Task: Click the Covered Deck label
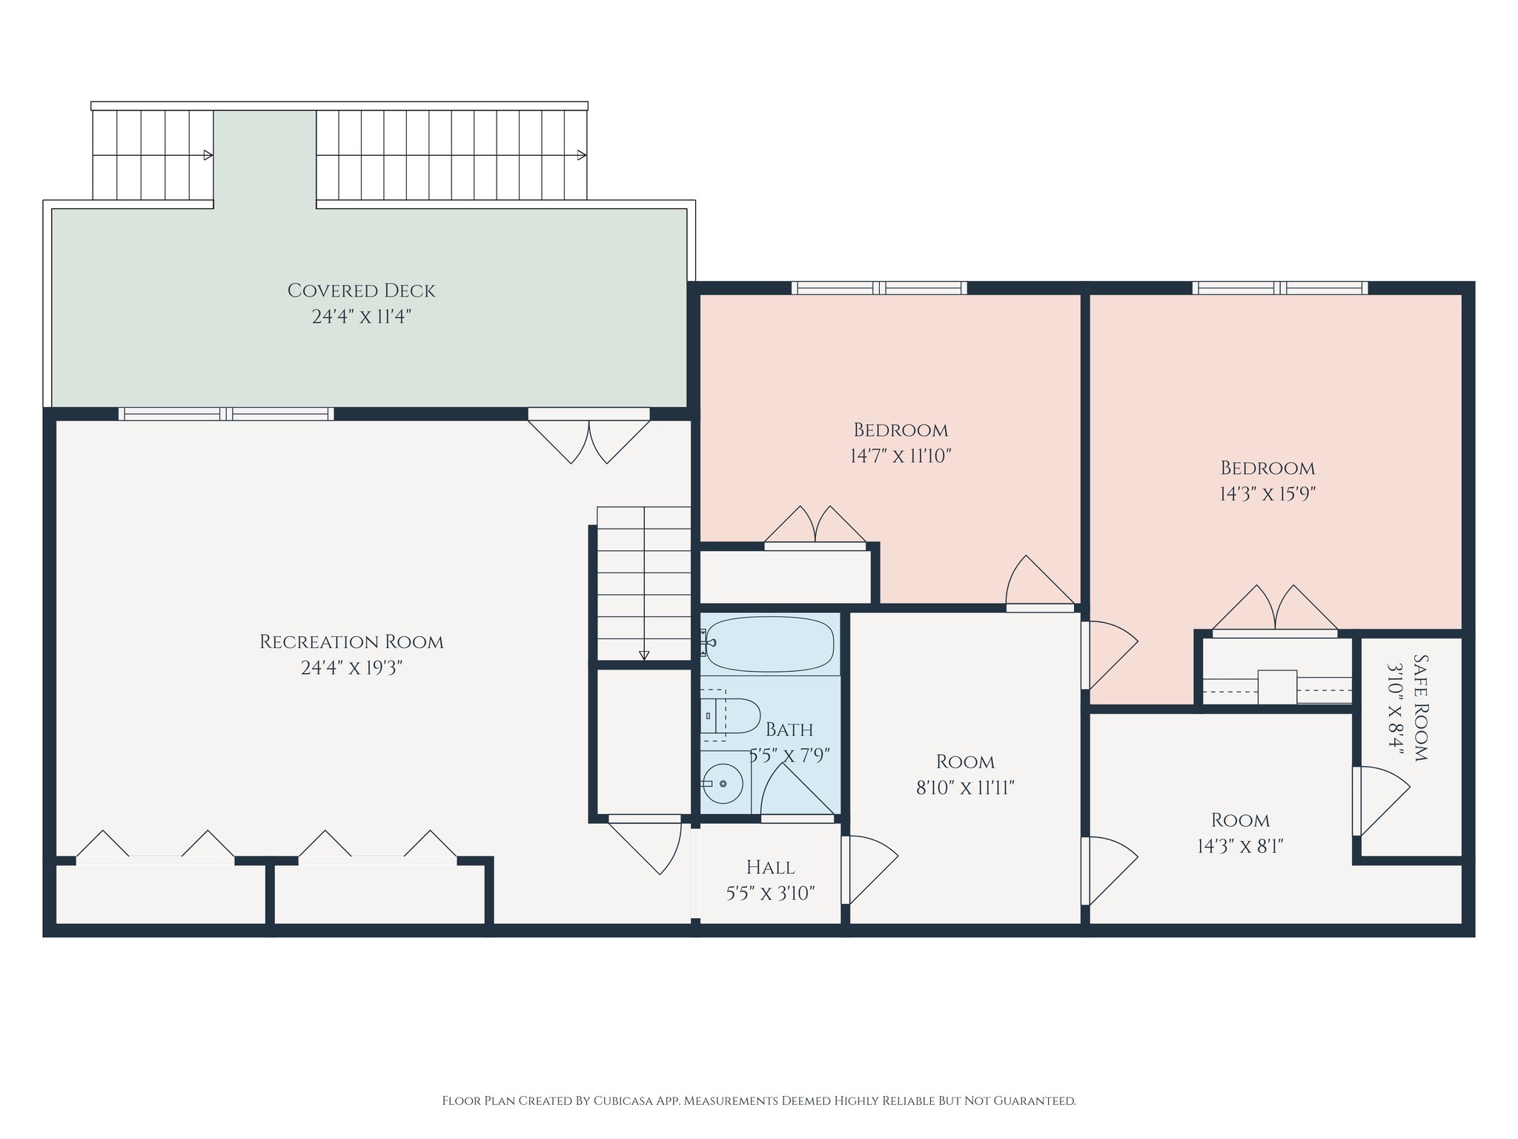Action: [361, 291]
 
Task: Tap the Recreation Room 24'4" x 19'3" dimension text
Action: [351, 668]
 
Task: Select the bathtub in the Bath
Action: [769, 644]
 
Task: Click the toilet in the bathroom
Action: [731, 716]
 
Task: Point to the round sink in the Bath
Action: [723, 783]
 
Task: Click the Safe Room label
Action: [1421, 707]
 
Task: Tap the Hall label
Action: [770, 867]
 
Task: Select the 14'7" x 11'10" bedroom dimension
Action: [901, 456]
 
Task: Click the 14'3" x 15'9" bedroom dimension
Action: [1267, 494]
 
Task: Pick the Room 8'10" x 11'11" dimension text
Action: [965, 788]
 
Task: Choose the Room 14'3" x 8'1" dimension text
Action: [1240, 846]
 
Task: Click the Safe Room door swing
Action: [1381, 801]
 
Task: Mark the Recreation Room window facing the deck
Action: [226, 414]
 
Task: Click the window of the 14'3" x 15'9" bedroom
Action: [1280, 288]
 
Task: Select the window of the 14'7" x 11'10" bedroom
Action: [879, 288]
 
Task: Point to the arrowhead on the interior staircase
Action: [644, 656]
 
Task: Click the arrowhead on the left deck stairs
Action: [208, 155]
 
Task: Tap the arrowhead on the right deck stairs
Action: [582, 155]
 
